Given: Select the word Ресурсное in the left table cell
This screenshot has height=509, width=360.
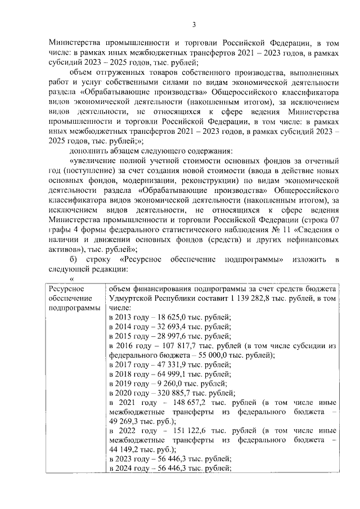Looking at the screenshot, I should (x=66, y=288).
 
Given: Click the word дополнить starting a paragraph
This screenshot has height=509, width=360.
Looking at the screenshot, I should (x=88, y=150).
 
